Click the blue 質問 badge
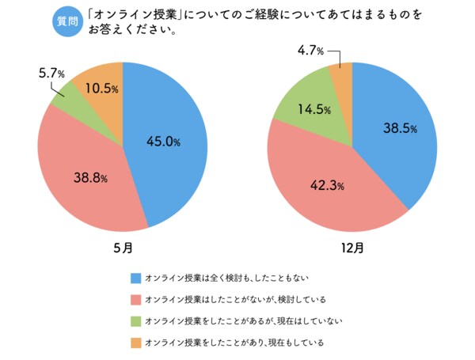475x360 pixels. (67, 21)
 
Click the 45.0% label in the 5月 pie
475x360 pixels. (164, 142)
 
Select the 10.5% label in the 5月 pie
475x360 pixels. (101, 89)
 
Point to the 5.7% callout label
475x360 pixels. (53, 74)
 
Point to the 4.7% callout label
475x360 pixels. (311, 51)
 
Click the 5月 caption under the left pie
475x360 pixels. (123, 248)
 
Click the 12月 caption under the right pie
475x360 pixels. (352, 248)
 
